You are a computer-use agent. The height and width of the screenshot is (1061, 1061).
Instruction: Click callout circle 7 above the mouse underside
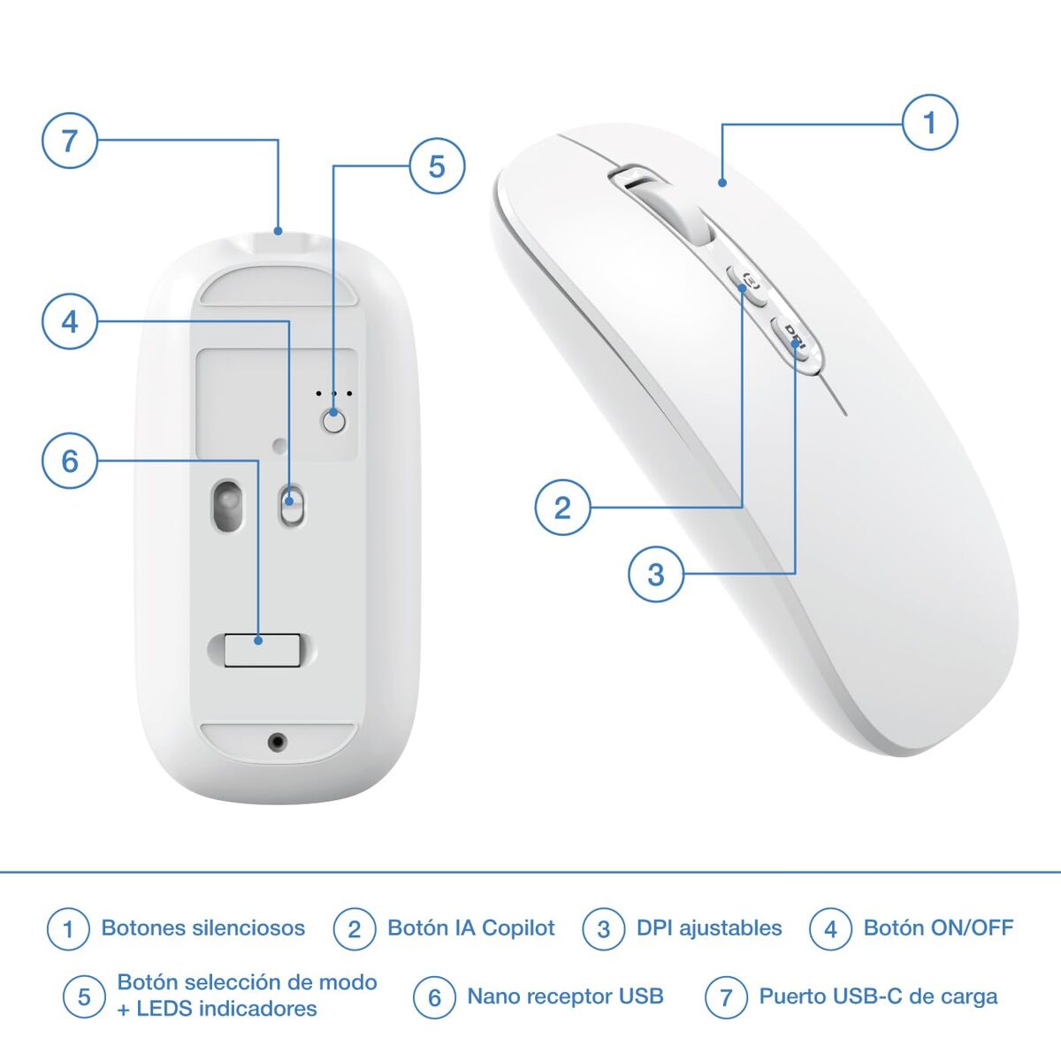[x=70, y=140]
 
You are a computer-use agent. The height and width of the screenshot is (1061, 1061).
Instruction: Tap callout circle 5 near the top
[x=437, y=166]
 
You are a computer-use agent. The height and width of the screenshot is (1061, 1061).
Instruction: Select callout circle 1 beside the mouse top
[x=929, y=122]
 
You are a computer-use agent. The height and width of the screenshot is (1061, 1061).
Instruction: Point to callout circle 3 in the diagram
[x=655, y=575]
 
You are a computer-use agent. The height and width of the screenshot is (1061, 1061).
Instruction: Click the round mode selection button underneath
[x=333, y=422]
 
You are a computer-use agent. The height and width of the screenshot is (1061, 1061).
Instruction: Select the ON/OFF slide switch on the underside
[x=290, y=506]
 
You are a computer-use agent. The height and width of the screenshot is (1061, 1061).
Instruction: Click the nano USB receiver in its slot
[x=260, y=649]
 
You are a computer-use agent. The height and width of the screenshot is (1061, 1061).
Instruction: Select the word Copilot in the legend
[x=518, y=928]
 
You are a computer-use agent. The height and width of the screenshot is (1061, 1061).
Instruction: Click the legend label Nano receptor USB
[x=565, y=996]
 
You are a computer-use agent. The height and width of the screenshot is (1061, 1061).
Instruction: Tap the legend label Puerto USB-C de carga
[x=878, y=996]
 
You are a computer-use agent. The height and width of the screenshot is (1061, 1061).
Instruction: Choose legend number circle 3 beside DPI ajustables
[x=604, y=929]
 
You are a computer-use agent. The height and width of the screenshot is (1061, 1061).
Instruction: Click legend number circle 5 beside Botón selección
[x=84, y=997]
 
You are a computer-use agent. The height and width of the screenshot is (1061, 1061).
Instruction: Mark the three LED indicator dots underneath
[x=334, y=393]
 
